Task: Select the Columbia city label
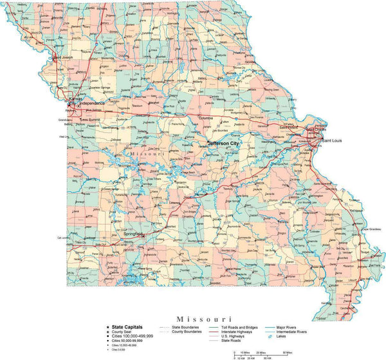(x=206, y=118)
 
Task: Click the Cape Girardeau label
(x=372, y=229)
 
